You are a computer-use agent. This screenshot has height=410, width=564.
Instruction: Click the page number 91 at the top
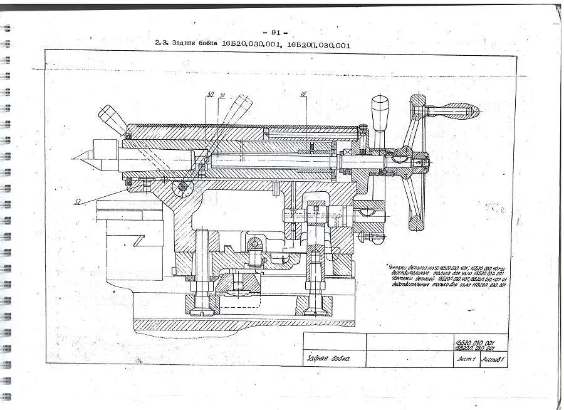tap(275, 32)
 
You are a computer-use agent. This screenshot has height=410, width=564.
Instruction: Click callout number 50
tap(211, 95)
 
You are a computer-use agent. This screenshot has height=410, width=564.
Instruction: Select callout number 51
tap(222, 95)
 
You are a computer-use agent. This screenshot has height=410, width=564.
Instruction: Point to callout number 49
tap(303, 95)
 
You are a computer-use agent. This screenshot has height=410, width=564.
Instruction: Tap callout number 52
tap(78, 201)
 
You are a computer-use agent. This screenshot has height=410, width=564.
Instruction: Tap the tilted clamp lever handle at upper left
tap(111, 117)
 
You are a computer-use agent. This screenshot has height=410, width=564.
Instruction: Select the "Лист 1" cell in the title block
tap(467, 359)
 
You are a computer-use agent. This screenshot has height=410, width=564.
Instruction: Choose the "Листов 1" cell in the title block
tap(494, 359)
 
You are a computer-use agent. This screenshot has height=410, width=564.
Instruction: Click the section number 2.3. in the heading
tap(162, 45)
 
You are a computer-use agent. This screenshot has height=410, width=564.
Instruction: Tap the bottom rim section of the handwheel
tap(415, 221)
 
